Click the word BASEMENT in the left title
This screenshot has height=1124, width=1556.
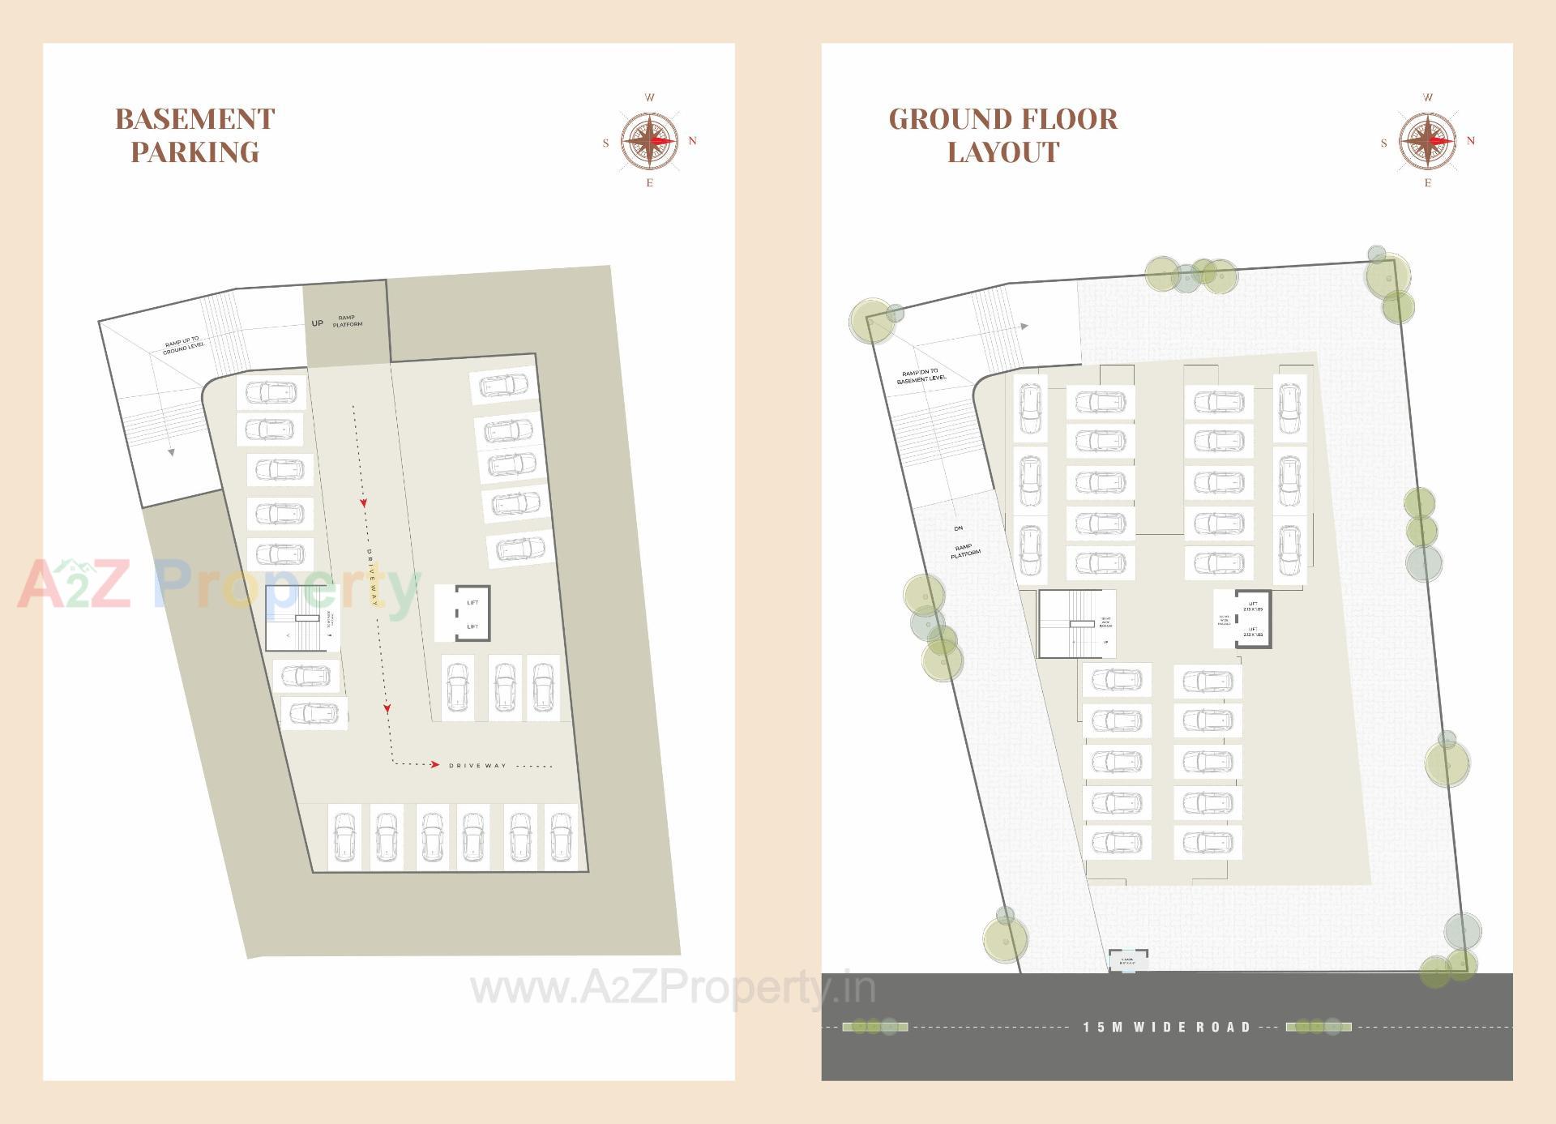click(194, 119)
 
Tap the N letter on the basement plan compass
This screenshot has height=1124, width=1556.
click(692, 141)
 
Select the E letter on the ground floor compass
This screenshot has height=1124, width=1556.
click(1428, 183)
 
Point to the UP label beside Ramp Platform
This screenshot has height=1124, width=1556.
click(317, 323)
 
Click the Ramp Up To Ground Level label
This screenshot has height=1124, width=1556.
click(183, 345)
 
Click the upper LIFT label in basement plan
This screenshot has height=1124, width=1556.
click(472, 603)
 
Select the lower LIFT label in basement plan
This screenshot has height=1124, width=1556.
click(472, 626)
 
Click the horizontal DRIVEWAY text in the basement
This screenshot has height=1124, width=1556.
click(477, 766)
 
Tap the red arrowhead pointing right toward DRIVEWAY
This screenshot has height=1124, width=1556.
click(435, 764)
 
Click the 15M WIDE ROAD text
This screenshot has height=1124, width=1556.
click(1167, 1028)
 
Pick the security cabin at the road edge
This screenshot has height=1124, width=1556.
click(1127, 960)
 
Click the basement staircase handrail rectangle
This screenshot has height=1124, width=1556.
click(306, 618)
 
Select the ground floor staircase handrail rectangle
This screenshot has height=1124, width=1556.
click(1082, 624)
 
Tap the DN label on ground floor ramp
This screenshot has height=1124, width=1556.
click(959, 528)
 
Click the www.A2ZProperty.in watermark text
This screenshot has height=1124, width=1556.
click(673, 989)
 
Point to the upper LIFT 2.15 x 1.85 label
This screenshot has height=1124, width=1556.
click(1253, 606)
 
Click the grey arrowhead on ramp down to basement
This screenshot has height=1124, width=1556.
click(1024, 327)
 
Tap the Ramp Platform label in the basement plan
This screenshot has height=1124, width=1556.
click(347, 321)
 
